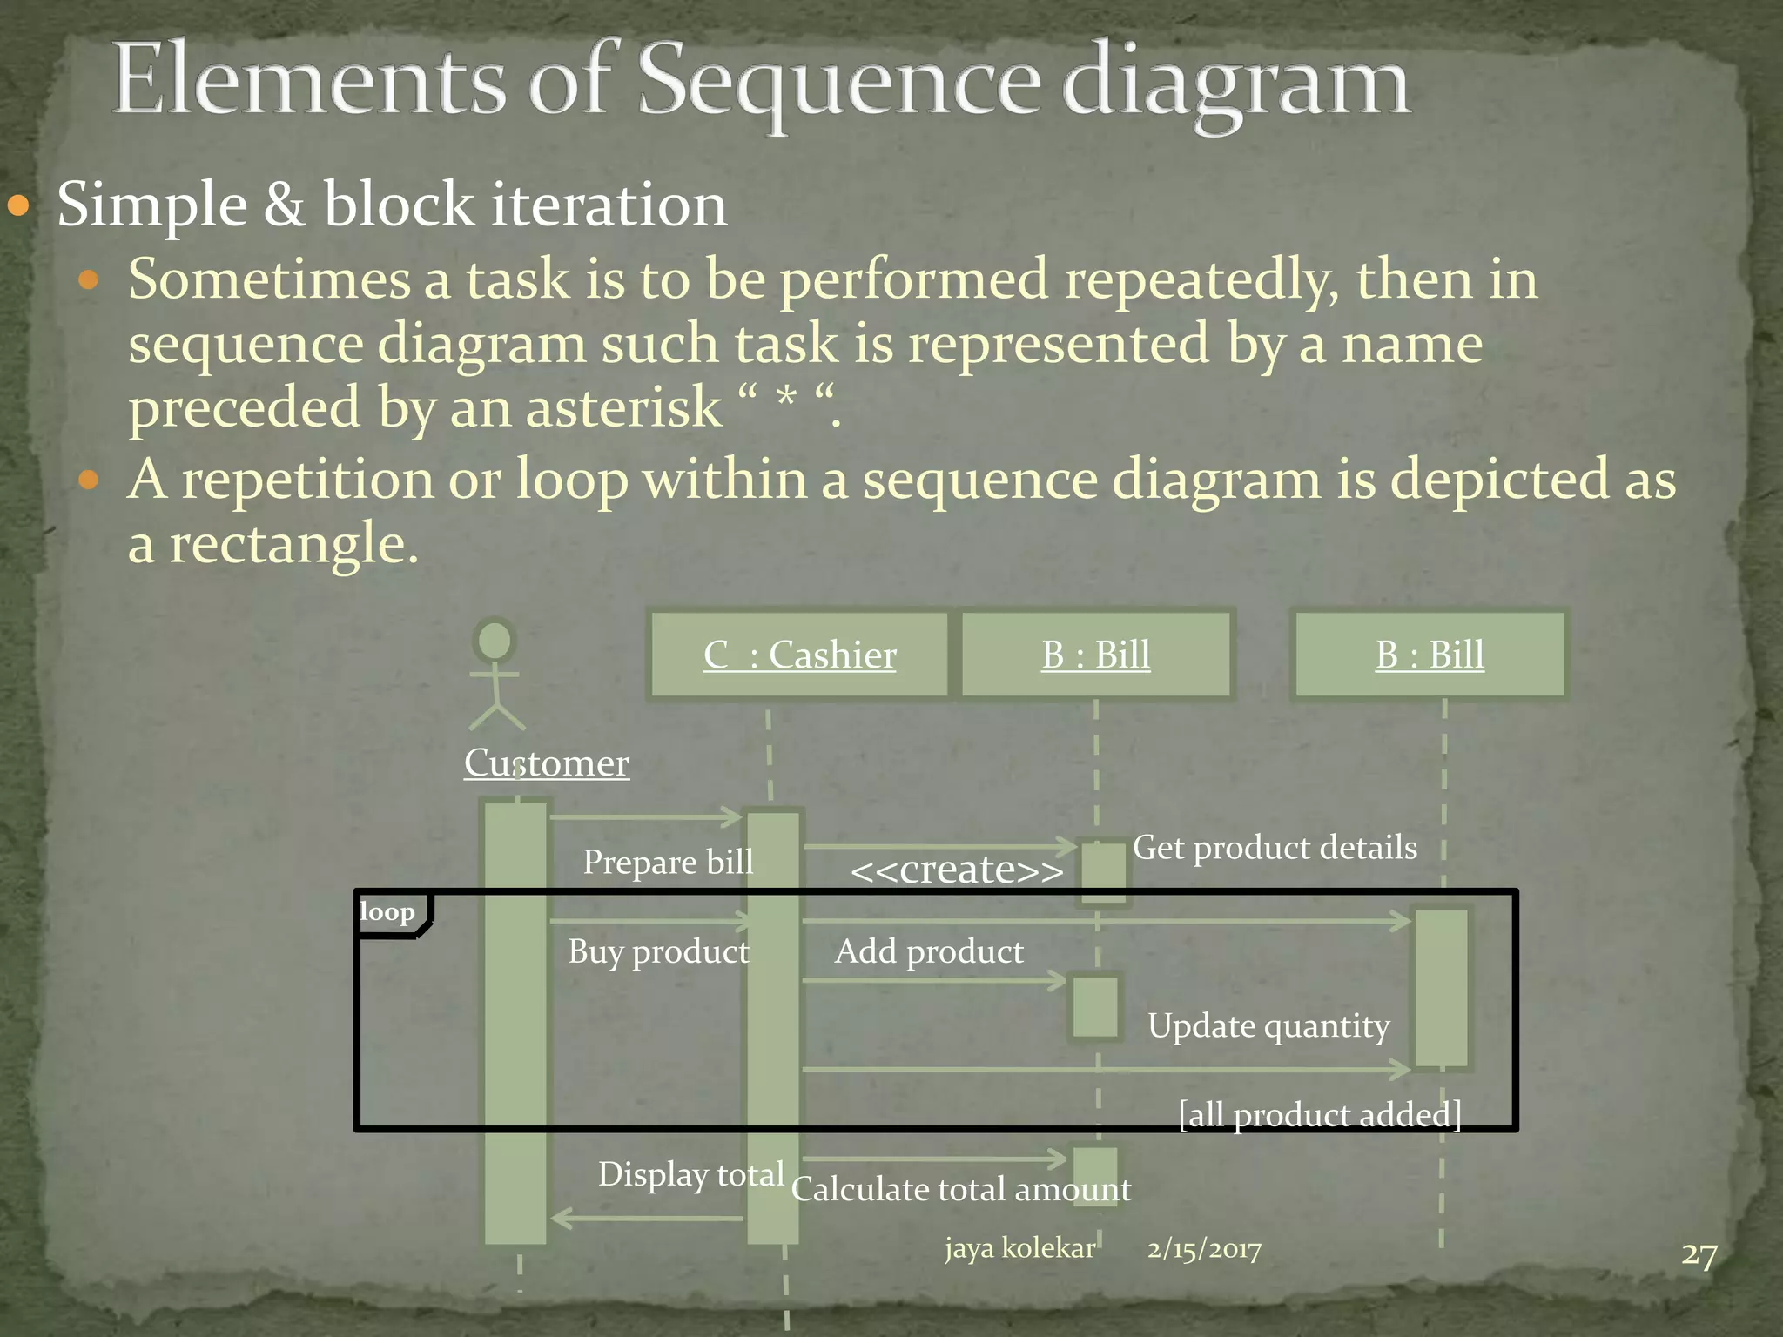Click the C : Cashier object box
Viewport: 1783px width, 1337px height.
(x=799, y=655)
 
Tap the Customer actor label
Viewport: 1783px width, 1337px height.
(x=546, y=763)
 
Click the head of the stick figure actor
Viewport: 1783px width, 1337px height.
(x=495, y=642)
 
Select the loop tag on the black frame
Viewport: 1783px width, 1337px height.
(x=387, y=912)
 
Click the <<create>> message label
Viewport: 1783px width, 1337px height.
(x=956, y=870)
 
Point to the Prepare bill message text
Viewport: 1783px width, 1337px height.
(x=668, y=862)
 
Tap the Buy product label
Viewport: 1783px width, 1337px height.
(x=658, y=951)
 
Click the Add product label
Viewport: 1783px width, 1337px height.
(x=928, y=951)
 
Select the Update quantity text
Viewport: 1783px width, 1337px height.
(x=1268, y=1026)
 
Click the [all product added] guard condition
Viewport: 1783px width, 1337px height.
(x=1319, y=1114)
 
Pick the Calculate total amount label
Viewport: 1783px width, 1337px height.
(x=960, y=1189)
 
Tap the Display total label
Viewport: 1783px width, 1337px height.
(x=690, y=1174)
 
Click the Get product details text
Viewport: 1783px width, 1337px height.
(x=1274, y=847)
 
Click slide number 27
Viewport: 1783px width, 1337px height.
(x=1699, y=1255)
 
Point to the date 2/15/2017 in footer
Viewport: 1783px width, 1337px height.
(x=1203, y=1249)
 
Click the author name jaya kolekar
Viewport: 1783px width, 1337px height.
(x=1019, y=1248)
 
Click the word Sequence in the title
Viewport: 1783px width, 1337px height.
(x=839, y=83)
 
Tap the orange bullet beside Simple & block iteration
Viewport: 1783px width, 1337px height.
(x=18, y=206)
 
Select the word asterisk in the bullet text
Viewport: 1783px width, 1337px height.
(x=623, y=407)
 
